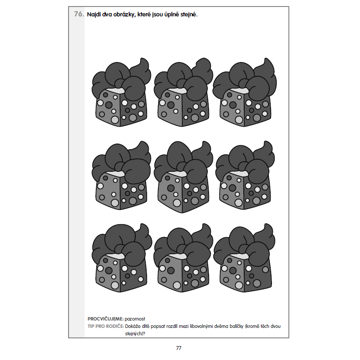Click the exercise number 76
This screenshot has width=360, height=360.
pyautogui.click(x=79, y=14)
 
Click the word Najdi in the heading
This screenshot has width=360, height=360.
pyautogui.click(x=94, y=15)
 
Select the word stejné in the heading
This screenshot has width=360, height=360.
pyautogui.click(x=189, y=15)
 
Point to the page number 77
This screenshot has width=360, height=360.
pyautogui.click(x=179, y=348)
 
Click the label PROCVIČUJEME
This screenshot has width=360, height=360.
pyautogui.click(x=105, y=319)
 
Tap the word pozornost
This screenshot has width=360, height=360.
pyautogui.click(x=135, y=319)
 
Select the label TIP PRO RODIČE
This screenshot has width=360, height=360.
pyautogui.click(x=106, y=326)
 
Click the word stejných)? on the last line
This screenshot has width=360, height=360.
pyautogui.click(x=135, y=334)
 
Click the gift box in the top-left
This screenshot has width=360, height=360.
pyautogui.click(x=121, y=92)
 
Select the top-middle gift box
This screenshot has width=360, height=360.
pyautogui.click(x=183, y=92)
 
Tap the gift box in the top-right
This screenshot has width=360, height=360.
pyautogui.click(x=245, y=92)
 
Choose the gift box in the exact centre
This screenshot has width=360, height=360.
pyautogui.click(x=183, y=177)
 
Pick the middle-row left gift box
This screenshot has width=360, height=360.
pyautogui.click(x=121, y=175)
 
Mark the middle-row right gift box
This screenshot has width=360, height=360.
pyautogui.click(x=245, y=175)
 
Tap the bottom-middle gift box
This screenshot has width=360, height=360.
pyautogui.click(x=183, y=258)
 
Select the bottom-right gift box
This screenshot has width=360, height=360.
pyautogui.click(x=244, y=258)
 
